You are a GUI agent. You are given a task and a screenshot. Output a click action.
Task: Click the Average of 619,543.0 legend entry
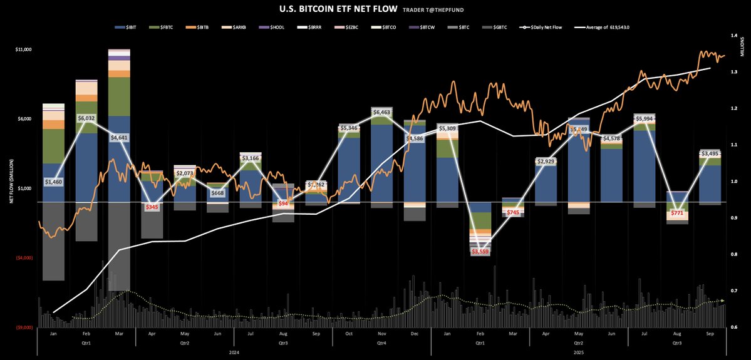pos(605,28)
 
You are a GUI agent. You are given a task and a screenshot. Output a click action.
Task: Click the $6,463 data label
pos(383,113)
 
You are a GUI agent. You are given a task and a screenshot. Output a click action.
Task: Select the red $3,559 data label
pos(480,252)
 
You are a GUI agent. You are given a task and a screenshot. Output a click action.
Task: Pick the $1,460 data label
pos(53,182)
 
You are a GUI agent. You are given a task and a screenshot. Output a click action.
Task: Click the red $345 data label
pos(152,207)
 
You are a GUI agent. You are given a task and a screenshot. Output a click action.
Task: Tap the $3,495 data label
pos(710,153)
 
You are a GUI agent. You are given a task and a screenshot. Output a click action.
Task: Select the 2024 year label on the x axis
pos(234,353)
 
